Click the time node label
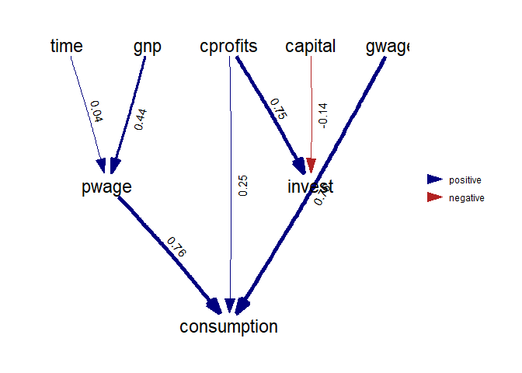pos(66,47)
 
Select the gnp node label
pos(148,47)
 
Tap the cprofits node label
pos(228,47)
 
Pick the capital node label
pos(310,47)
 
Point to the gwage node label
pos(387,47)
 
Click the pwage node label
pos(106,187)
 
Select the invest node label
pos(310,187)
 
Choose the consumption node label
pos(228,327)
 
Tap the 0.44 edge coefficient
pos(141,117)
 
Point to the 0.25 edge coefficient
pos(242,186)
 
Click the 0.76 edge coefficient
pos(177,246)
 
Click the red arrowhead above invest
pos(311,165)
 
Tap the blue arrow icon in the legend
pos(433,180)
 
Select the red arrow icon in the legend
pos(433,198)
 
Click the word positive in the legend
pos(465,180)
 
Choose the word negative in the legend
pos(466,199)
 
